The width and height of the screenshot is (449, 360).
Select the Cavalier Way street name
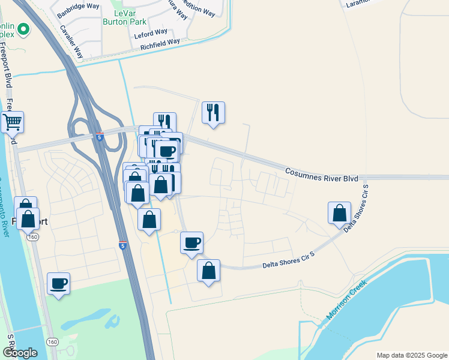pyautogui.click(x=71, y=41)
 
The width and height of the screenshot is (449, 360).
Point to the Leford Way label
pyautogui.click(x=152, y=32)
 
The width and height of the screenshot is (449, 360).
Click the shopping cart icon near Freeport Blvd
pyautogui.click(x=12, y=122)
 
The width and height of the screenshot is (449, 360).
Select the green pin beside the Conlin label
pyautogui.click(x=23, y=28)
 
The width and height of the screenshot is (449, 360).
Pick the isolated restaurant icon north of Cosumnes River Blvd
pyautogui.click(x=213, y=112)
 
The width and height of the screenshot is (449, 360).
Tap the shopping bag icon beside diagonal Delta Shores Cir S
pyautogui.click(x=339, y=213)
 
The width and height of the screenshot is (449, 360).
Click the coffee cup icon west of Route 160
pyautogui.click(x=59, y=283)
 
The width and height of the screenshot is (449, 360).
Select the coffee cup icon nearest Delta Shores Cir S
pyautogui.click(x=191, y=243)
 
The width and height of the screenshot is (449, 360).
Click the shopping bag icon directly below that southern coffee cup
pyautogui.click(x=208, y=271)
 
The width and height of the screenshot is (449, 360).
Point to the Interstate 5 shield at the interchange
pyautogui.click(x=100, y=137)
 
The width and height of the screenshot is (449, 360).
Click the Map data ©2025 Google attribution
pyautogui.click(x=411, y=355)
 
